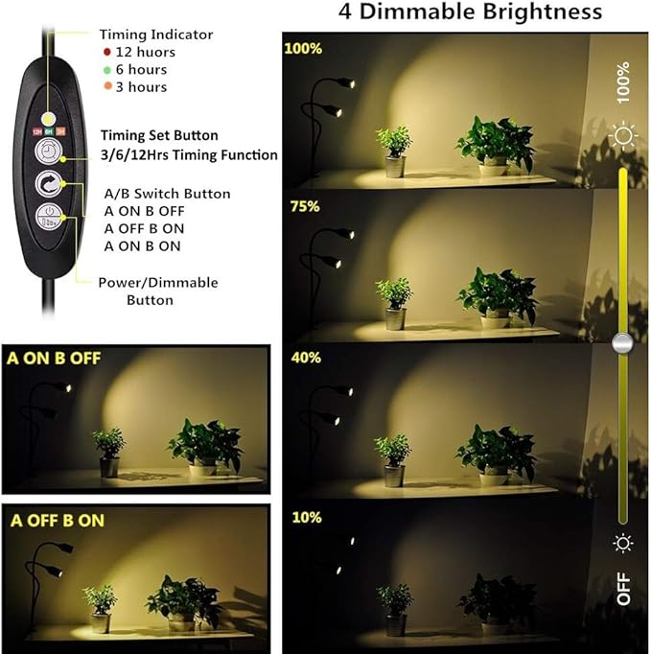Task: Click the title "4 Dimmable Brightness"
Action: click(471, 13)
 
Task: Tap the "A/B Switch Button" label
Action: click(167, 194)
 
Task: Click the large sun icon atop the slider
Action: click(626, 137)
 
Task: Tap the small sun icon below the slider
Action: click(624, 544)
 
